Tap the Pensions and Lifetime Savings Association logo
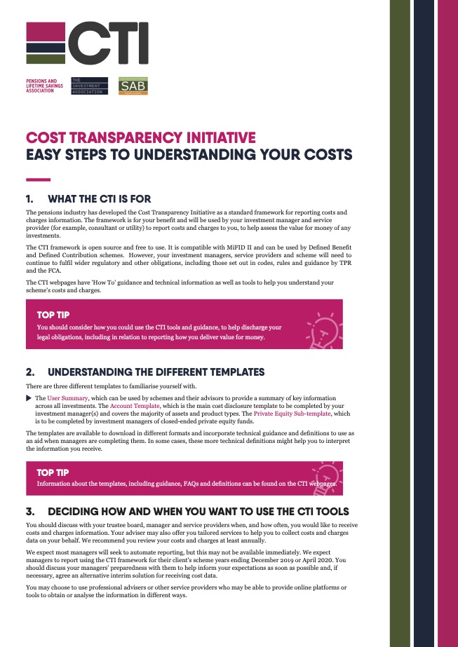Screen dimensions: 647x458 pyautogui.click(x=41, y=86)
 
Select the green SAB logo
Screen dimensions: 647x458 pyautogui.click(x=133, y=86)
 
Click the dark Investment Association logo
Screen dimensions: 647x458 pyautogui.click(x=90, y=86)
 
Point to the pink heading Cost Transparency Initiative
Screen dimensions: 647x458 pyautogui.click(x=140, y=137)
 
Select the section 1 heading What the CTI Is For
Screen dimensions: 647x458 pyautogui.click(x=99, y=199)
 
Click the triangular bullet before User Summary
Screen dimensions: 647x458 pyautogui.click(x=29, y=398)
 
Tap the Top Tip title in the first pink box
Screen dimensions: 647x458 pyautogui.click(x=53, y=315)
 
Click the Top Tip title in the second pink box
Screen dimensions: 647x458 pyautogui.click(x=53, y=472)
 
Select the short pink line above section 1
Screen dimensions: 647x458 pyautogui.click(x=38, y=179)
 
